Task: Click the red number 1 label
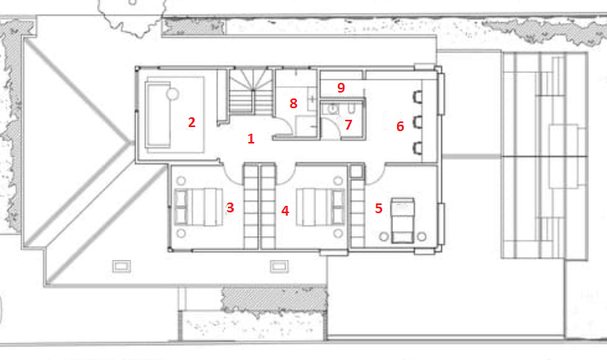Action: (x=251, y=139)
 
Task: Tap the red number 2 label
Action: (x=192, y=122)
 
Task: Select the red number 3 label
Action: (x=230, y=207)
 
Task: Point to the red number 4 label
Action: (x=285, y=211)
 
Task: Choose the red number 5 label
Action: (x=379, y=208)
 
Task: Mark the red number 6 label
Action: (x=400, y=126)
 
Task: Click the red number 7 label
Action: (x=349, y=125)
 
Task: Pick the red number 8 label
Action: (x=294, y=103)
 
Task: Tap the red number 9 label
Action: (x=341, y=88)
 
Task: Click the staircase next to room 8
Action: (x=251, y=91)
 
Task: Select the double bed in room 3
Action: (x=199, y=207)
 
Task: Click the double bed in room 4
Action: (x=321, y=207)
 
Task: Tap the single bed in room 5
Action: (x=403, y=221)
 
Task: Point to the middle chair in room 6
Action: (x=418, y=122)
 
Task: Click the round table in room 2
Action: (x=172, y=94)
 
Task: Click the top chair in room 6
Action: (x=418, y=97)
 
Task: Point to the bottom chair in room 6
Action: (x=418, y=148)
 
